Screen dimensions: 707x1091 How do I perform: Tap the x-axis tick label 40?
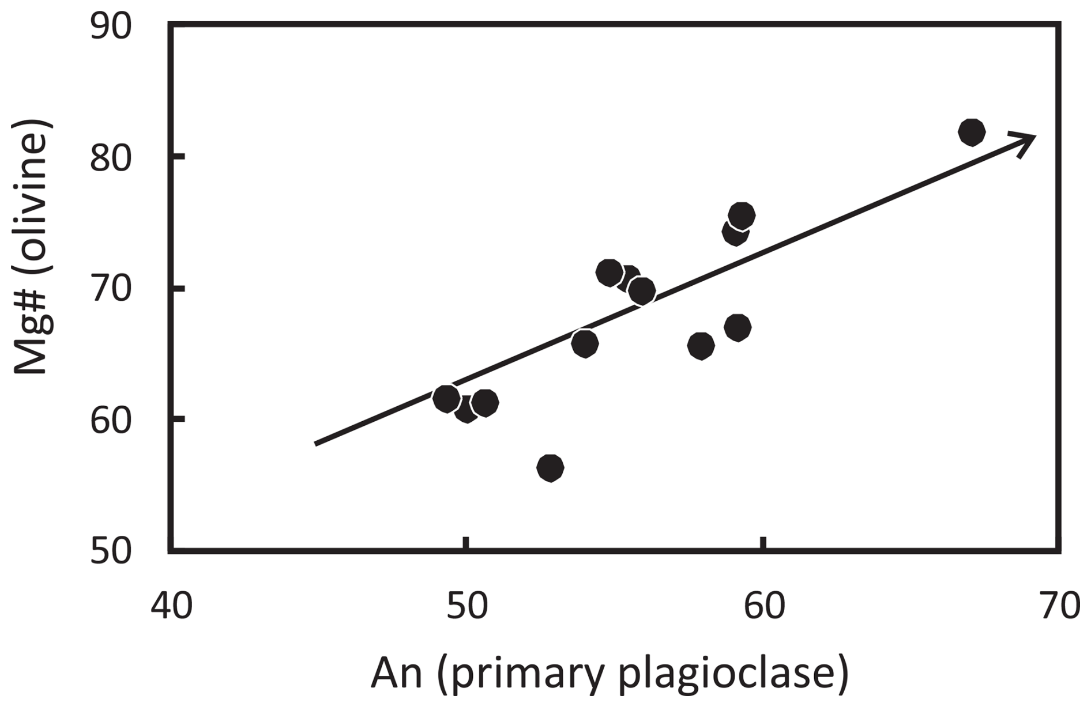171,606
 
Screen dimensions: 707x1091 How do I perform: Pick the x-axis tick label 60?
764,606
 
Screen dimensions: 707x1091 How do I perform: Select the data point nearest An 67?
971,133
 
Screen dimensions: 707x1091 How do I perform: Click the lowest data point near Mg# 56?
550,467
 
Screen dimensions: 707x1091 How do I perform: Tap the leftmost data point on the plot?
446,399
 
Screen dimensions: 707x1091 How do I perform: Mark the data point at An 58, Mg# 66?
701,346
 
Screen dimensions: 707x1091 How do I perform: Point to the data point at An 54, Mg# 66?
584,344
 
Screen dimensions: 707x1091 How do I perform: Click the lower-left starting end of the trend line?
317,444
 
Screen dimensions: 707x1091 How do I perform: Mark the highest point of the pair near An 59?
742,215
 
